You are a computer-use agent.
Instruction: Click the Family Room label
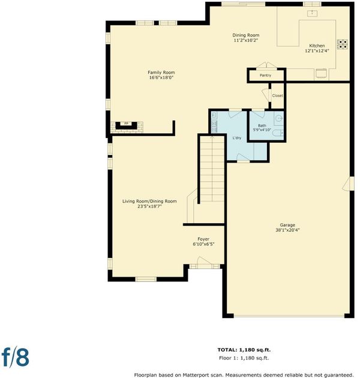[161, 73]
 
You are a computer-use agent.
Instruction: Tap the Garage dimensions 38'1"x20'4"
[287, 230]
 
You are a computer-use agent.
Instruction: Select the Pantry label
[265, 75]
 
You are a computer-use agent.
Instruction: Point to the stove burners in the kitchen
[343, 44]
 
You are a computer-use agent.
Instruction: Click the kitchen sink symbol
[312, 13]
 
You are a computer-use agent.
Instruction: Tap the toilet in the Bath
[278, 133]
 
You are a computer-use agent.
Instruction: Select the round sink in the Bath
[279, 119]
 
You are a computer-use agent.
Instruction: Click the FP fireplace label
[126, 124]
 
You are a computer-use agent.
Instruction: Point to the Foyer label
[203, 239]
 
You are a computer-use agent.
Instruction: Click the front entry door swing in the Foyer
[204, 260]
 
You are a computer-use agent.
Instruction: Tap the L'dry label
[237, 138]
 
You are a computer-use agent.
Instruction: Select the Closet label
[277, 95]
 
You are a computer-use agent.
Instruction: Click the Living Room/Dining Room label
[149, 201]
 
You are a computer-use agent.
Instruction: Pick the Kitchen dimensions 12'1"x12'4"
[317, 50]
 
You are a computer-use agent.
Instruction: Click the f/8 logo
[15, 357]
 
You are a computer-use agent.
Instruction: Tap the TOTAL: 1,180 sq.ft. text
[244, 350]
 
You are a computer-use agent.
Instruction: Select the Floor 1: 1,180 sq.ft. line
[244, 358]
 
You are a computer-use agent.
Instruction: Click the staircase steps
[212, 169]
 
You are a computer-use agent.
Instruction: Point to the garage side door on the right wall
[347, 184]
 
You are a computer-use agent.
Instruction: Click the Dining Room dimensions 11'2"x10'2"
[246, 40]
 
